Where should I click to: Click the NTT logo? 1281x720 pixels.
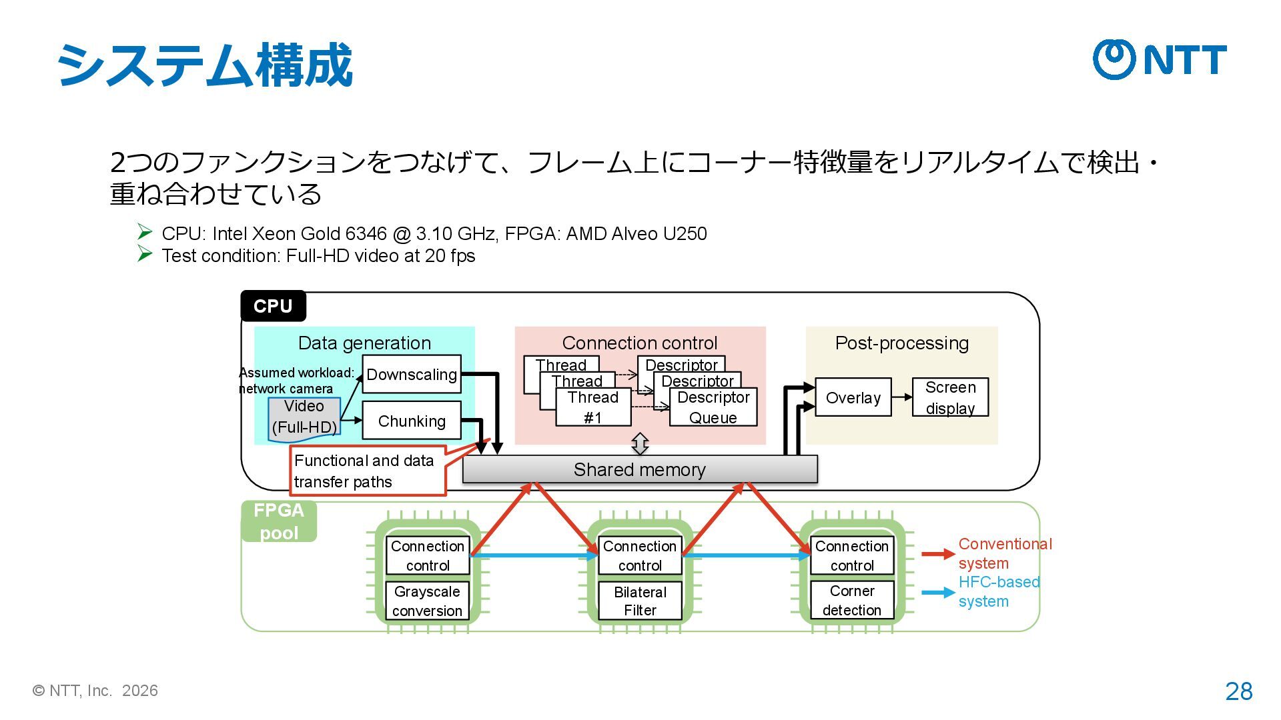point(1160,59)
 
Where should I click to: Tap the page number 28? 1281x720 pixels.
point(1238,691)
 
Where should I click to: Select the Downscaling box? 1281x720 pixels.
point(412,374)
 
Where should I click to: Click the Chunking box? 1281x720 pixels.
point(412,421)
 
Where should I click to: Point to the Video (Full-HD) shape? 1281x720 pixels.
point(304,418)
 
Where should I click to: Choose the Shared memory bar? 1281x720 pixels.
point(639,469)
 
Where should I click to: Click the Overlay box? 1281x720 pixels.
point(853,397)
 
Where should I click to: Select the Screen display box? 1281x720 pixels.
point(950,397)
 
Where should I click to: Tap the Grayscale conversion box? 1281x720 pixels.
point(427,601)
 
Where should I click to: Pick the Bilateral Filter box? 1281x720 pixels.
point(640,601)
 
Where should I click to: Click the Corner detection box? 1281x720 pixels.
point(852,600)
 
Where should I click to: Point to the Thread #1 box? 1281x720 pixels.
point(593,407)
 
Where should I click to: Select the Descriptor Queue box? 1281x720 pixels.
point(713,407)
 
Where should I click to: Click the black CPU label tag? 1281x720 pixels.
point(273,306)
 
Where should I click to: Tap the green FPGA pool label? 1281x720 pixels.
point(279,521)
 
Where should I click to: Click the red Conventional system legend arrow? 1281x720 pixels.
point(938,554)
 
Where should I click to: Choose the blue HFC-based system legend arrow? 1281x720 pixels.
point(938,592)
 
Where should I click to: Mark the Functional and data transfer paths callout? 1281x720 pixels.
point(368,471)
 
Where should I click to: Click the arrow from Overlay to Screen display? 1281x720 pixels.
point(901,397)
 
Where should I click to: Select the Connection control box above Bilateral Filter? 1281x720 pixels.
point(640,555)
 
